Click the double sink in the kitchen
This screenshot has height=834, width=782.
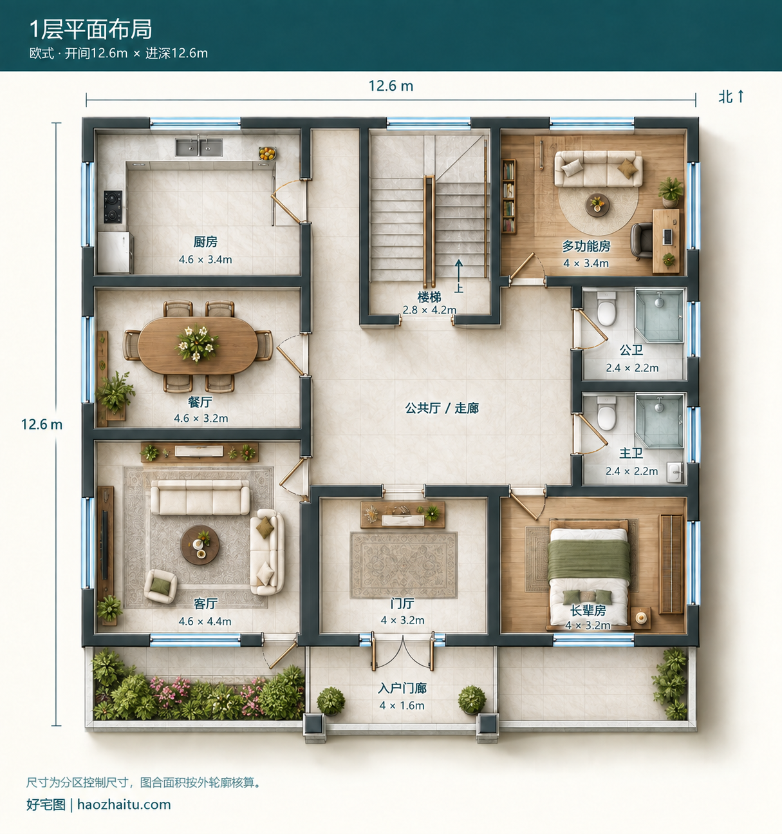click(x=198, y=147)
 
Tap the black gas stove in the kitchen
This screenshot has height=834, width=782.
click(x=113, y=207)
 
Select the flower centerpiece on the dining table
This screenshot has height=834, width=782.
click(x=197, y=343)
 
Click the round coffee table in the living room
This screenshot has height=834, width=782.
click(x=200, y=545)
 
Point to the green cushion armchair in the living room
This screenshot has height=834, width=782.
click(x=160, y=586)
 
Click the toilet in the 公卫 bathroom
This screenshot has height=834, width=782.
click(x=606, y=308)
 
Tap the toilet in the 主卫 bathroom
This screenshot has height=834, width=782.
click(x=606, y=413)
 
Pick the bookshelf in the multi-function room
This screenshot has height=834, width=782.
click(x=508, y=196)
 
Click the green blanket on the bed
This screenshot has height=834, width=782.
click(x=589, y=561)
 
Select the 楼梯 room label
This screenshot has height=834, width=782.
click(x=429, y=298)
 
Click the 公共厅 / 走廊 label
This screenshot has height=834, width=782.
click(x=442, y=408)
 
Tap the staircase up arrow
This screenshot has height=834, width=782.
click(x=459, y=270)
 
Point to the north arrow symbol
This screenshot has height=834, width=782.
click(x=741, y=96)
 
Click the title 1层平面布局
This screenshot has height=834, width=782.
click(x=91, y=30)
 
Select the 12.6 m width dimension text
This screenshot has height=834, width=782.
click(x=391, y=86)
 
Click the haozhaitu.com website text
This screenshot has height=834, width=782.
click(x=124, y=804)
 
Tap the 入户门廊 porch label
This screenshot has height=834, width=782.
click(x=402, y=688)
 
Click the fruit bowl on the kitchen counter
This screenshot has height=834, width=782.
click(x=267, y=153)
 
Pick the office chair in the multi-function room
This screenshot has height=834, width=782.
click(x=641, y=241)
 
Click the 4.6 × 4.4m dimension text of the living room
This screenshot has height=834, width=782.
click(x=205, y=621)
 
